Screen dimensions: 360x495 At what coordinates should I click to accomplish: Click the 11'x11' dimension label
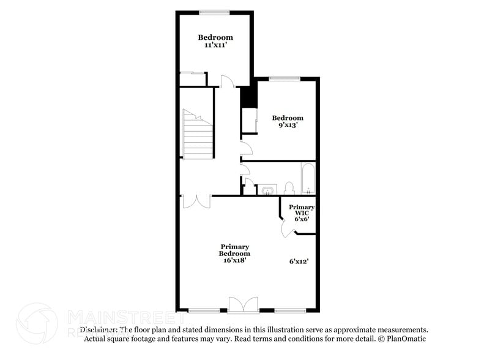click(x=215, y=45)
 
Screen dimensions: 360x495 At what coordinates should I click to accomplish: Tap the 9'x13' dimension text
click(x=288, y=126)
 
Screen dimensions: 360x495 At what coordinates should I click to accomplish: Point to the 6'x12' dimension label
click(x=299, y=261)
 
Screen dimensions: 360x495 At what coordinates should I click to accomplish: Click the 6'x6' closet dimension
click(x=302, y=219)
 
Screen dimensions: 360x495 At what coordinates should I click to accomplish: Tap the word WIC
click(x=302, y=213)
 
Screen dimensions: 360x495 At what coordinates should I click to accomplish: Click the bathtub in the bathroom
click(x=307, y=177)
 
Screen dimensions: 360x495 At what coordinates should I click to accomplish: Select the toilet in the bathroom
click(x=289, y=187)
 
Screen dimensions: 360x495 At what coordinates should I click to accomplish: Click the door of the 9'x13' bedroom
click(x=246, y=148)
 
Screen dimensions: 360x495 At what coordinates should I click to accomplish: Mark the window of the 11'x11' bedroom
click(x=214, y=12)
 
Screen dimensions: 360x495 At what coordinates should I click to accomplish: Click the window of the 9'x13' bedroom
click(x=285, y=78)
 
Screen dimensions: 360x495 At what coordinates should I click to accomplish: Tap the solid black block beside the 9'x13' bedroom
click(x=247, y=97)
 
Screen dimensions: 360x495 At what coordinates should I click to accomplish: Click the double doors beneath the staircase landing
click(x=196, y=201)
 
